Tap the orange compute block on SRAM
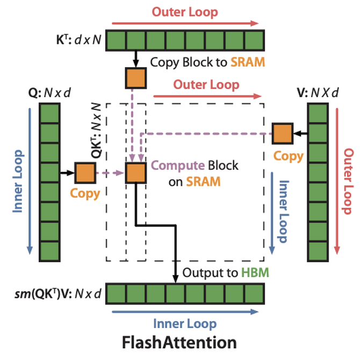tap(135, 173)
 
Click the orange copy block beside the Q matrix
tap(85, 173)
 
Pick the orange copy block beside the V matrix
tap(281, 133)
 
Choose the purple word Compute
tap(171, 166)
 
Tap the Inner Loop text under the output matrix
tap(185, 323)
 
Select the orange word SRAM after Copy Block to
tap(247, 62)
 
